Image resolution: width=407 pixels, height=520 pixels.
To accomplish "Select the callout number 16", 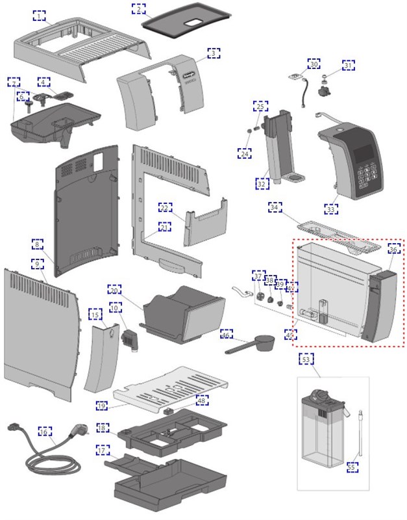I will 44,432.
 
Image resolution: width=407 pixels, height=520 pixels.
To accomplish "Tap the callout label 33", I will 331,209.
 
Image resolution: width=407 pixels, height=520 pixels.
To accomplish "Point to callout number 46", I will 226,335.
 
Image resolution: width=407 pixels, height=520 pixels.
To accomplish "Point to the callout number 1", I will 40,15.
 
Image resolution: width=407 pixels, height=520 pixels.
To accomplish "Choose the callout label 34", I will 276,207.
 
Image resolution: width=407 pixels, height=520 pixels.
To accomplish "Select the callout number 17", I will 102,450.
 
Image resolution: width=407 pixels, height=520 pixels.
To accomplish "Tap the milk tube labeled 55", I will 356,435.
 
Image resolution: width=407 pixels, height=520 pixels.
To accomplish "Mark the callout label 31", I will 349,65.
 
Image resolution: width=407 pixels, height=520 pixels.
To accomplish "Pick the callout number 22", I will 165,207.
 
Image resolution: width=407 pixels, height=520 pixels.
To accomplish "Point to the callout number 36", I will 393,249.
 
